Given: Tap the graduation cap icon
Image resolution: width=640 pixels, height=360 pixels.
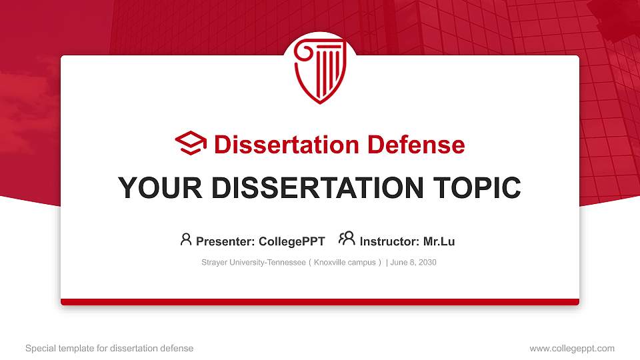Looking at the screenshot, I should pos(191,144).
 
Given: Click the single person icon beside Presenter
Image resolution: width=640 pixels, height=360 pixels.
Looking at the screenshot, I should pos(186,239).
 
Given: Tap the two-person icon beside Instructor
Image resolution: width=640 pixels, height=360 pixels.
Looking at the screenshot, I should pos(346,239).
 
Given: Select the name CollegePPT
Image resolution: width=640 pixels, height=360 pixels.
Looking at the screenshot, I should pos(291,241).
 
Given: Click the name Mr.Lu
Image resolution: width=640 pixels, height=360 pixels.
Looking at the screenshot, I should pos(439,241).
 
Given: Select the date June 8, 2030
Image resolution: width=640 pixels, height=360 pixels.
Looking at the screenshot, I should pos(413,263).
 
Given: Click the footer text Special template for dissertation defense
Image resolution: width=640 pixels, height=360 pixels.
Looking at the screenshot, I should pos(109,348).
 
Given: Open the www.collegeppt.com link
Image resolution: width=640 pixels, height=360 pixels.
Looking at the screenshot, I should pos(571,348).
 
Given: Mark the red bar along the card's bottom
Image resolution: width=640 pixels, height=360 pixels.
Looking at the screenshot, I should pos(320,302).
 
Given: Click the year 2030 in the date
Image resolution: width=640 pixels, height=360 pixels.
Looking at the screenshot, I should pos(427,263).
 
